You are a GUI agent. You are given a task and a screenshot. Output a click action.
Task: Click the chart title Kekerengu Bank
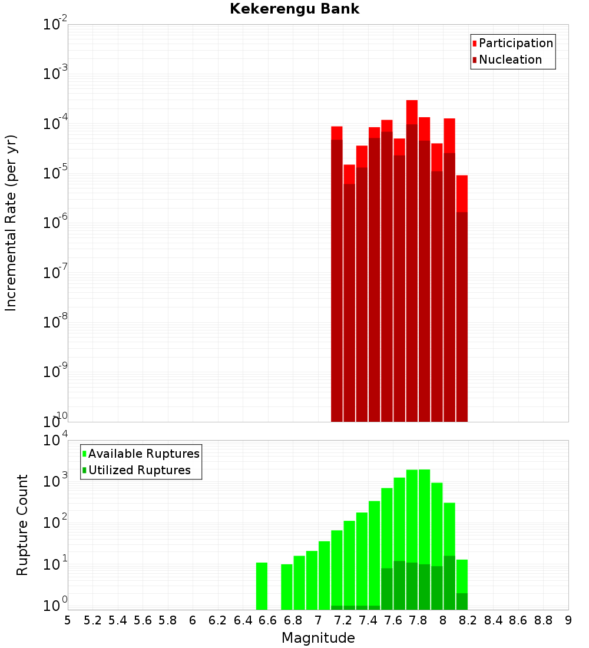[294, 9]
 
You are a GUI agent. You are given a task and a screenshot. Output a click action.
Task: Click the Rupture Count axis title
[22, 525]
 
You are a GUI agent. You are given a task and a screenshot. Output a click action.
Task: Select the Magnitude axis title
[318, 638]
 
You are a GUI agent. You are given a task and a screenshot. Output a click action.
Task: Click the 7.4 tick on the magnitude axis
[368, 620]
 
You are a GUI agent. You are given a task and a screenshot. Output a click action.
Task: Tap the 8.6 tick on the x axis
[518, 620]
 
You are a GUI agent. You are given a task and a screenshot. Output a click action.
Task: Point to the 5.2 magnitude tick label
[93, 620]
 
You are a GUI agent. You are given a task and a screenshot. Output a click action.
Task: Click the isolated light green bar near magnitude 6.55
[262, 586]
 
